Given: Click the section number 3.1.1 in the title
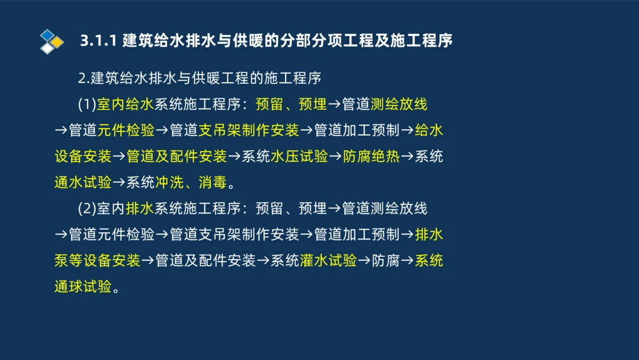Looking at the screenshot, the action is (x=98, y=40).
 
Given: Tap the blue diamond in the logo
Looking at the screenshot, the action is (x=47, y=35).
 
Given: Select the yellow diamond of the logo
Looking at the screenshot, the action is (x=57, y=42).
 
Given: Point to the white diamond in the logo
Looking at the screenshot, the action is (x=47, y=48).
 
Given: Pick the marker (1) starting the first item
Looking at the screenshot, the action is (x=87, y=104).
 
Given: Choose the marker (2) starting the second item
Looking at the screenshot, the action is (x=87, y=208).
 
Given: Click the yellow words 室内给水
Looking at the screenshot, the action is (x=125, y=104).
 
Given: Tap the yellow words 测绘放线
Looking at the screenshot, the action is (x=399, y=104).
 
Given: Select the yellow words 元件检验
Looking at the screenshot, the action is (x=126, y=130).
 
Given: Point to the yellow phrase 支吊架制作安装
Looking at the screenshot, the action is (x=249, y=130).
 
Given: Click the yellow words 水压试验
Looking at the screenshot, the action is (x=299, y=157).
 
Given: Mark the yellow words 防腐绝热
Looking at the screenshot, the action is (x=371, y=157).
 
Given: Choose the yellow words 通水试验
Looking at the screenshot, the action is (x=82, y=183).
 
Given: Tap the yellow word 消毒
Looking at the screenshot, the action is (x=212, y=183).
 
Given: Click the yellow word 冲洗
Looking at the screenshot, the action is (x=169, y=183).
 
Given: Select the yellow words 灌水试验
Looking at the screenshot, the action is (x=328, y=261).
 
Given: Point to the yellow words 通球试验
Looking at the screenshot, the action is (x=82, y=287).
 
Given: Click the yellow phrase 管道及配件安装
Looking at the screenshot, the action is (x=176, y=157).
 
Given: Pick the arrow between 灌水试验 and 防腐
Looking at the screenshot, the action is (x=364, y=261).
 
